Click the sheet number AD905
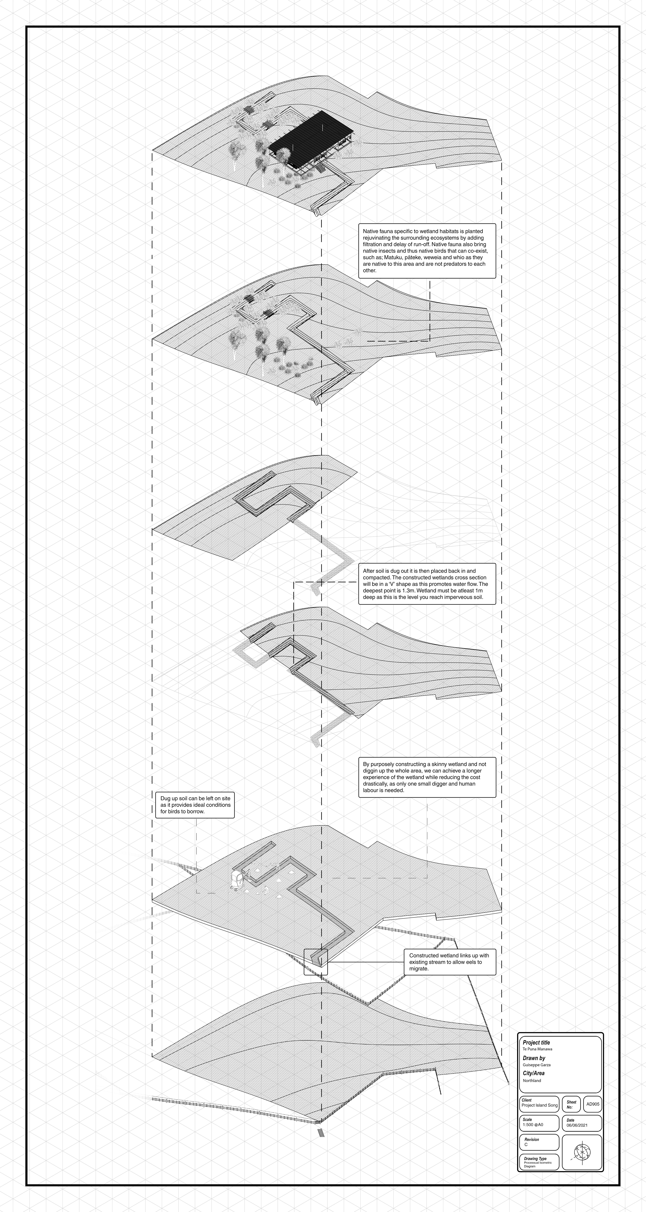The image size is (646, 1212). pyautogui.click(x=593, y=1104)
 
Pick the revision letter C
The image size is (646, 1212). pyautogui.click(x=526, y=1145)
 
